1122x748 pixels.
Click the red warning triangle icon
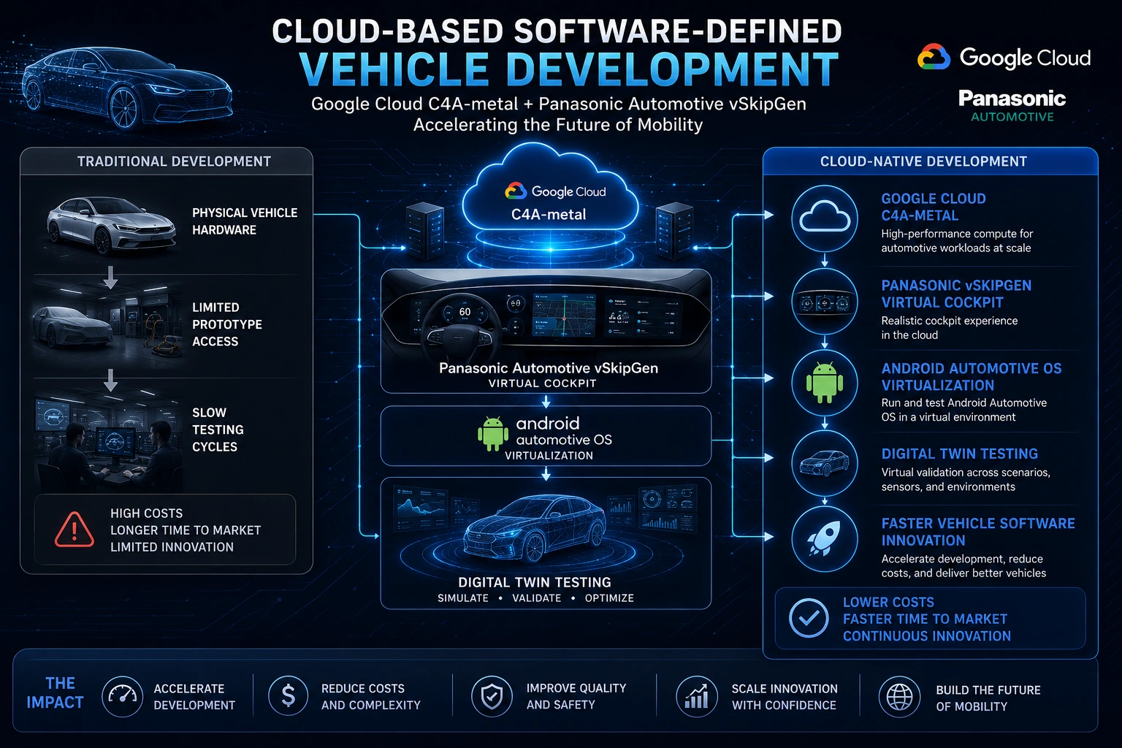coord(74,530)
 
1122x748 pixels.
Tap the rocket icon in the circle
coord(824,538)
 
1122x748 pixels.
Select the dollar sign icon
coord(288,695)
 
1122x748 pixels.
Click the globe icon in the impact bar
coord(900,696)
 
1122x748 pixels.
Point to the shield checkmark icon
coord(492,696)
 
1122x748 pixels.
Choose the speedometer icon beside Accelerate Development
coord(122,695)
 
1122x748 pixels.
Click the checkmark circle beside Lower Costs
coord(809,618)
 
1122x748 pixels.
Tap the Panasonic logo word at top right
coord(1012,98)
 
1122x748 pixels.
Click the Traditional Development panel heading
coord(174,161)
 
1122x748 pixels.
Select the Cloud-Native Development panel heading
coord(923,161)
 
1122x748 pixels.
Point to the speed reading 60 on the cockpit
coord(465,312)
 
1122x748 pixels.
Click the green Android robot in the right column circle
coord(825,383)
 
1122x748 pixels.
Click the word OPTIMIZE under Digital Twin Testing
coord(609,598)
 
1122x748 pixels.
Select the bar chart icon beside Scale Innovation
coord(696,696)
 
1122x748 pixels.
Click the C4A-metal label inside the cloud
coord(549,215)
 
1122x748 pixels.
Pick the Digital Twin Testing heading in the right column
coord(959,454)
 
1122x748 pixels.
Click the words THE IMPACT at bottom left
coord(55,693)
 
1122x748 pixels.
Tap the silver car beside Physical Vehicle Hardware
coord(111,226)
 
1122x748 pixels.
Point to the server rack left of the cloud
coord(424,230)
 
